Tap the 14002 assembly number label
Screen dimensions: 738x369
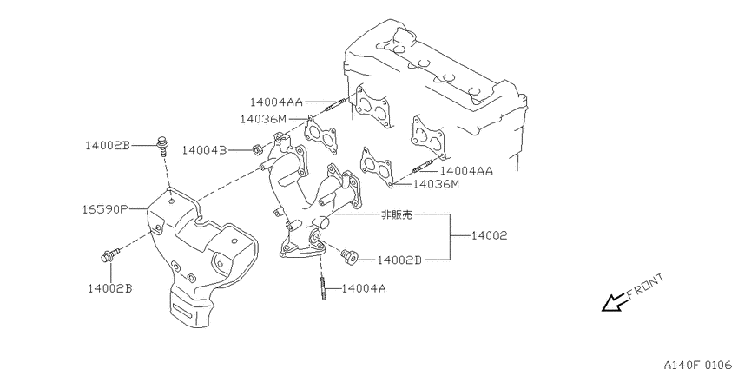click(490, 235)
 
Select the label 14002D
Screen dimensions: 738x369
click(399, 260)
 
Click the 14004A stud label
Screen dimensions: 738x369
click(364, 288)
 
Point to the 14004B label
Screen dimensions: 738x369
click(205, 150)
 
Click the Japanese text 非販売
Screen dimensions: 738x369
click(396, 215)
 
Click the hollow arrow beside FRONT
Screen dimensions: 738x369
click(614, 303)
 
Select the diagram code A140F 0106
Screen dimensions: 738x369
click(698, 364)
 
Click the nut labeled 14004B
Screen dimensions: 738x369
click(257, 150)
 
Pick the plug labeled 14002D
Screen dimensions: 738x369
click(350, 256)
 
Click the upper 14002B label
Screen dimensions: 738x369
click(108, 146)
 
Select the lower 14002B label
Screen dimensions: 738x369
click(110, 288)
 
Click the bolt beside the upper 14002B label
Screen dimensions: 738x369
click(161, 145)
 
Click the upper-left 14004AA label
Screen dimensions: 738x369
click(276, 102)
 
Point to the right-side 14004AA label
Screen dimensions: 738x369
click(466, 171)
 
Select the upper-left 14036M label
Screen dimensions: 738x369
click(263, 119)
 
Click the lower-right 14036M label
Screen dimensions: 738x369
click(436, 184)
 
